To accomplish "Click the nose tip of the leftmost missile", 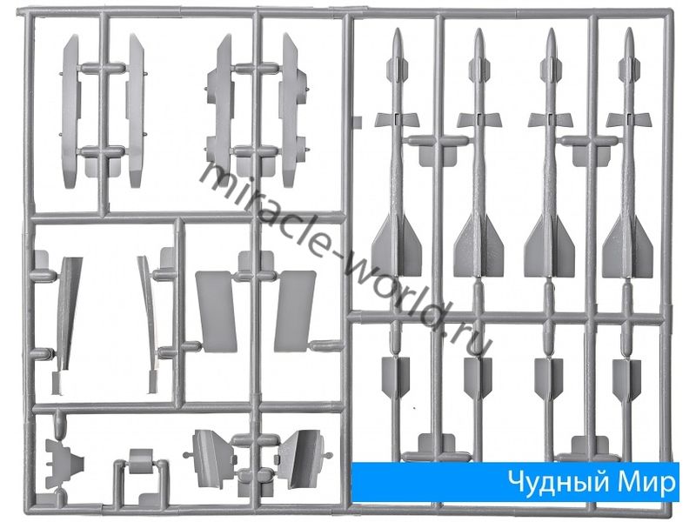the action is pos(398,30).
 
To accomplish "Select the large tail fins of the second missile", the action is pos(478,245).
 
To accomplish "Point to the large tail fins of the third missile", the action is pos(550,245).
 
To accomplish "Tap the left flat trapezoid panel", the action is pos(216,311).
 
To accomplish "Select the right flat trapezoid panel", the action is pos(295,311).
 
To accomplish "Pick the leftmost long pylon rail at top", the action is pos(71,111).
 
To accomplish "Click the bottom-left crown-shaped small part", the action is pos(64,465).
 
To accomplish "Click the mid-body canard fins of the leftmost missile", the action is pos(397,119).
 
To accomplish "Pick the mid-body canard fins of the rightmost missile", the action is pos(628,119).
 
